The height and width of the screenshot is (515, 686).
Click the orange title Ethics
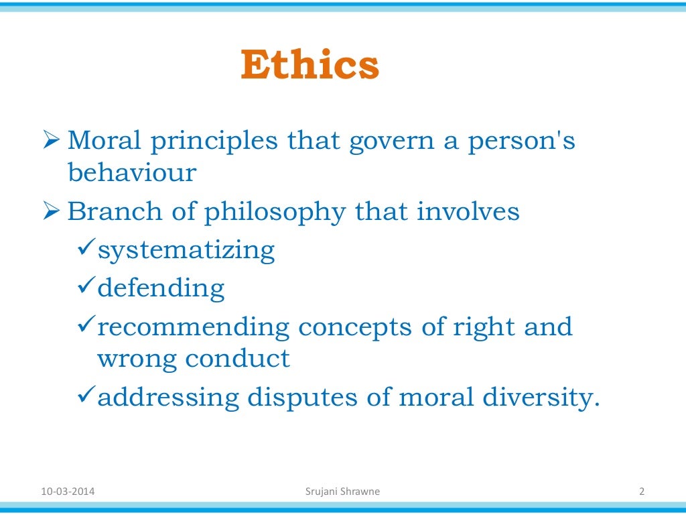click(310, 66)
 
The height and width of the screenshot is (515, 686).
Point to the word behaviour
click(131, 172)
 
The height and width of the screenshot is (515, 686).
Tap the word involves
click(468, 211)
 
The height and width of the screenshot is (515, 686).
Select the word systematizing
click(186, 250)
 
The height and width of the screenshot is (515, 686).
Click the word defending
click(161, 289)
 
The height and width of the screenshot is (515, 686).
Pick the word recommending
click(193, 327)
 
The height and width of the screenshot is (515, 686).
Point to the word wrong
click(137, 359)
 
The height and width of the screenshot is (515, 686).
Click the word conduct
click(237, 358)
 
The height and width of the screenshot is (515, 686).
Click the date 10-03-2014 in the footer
click(68, 492)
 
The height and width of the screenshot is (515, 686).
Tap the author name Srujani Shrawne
click(342, 492)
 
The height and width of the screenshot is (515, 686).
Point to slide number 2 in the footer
click(641, 492)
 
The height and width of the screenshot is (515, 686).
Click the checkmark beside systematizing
click(86, 249)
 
